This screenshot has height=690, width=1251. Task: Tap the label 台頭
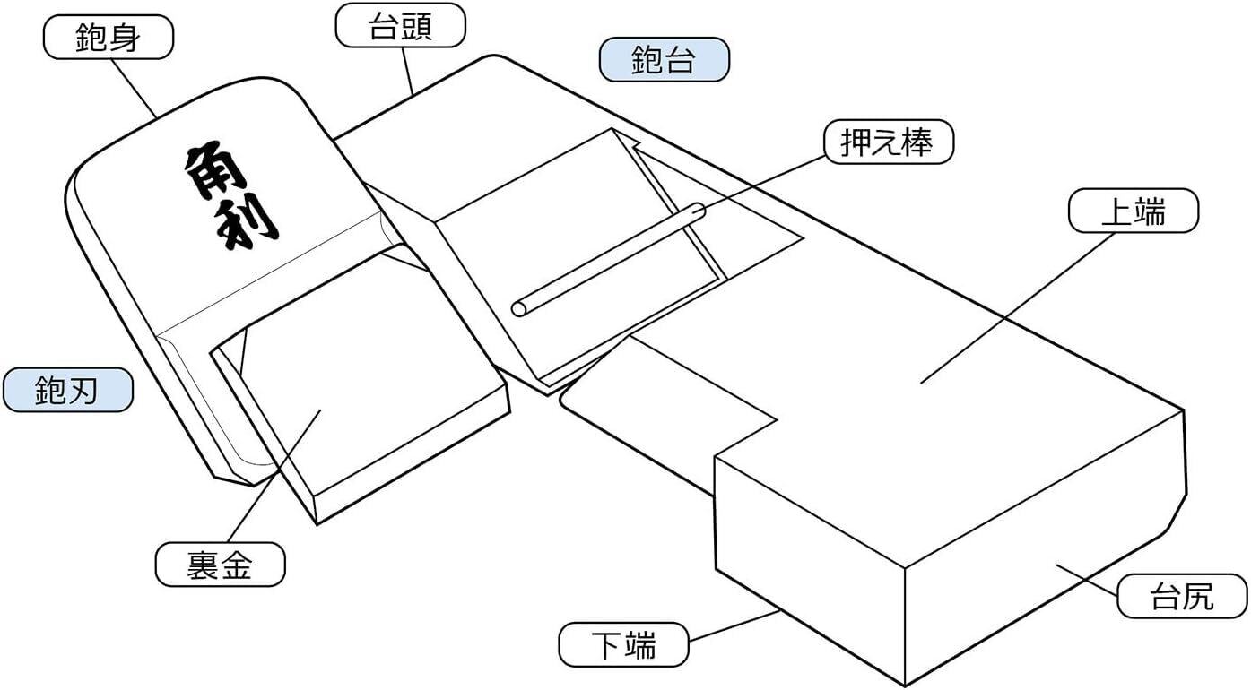[400, 26]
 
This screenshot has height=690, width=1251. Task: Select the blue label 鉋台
[664, 60]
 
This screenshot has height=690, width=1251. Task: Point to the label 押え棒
[888, 142]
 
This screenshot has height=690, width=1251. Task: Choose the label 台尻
[1181, 596]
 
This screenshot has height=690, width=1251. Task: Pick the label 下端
[623, 644]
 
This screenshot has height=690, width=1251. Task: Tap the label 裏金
[220, 565]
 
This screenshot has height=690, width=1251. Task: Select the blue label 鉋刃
[67, 391]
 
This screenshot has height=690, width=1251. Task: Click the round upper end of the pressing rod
[697, 212]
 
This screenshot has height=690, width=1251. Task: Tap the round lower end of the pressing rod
[519, 309]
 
